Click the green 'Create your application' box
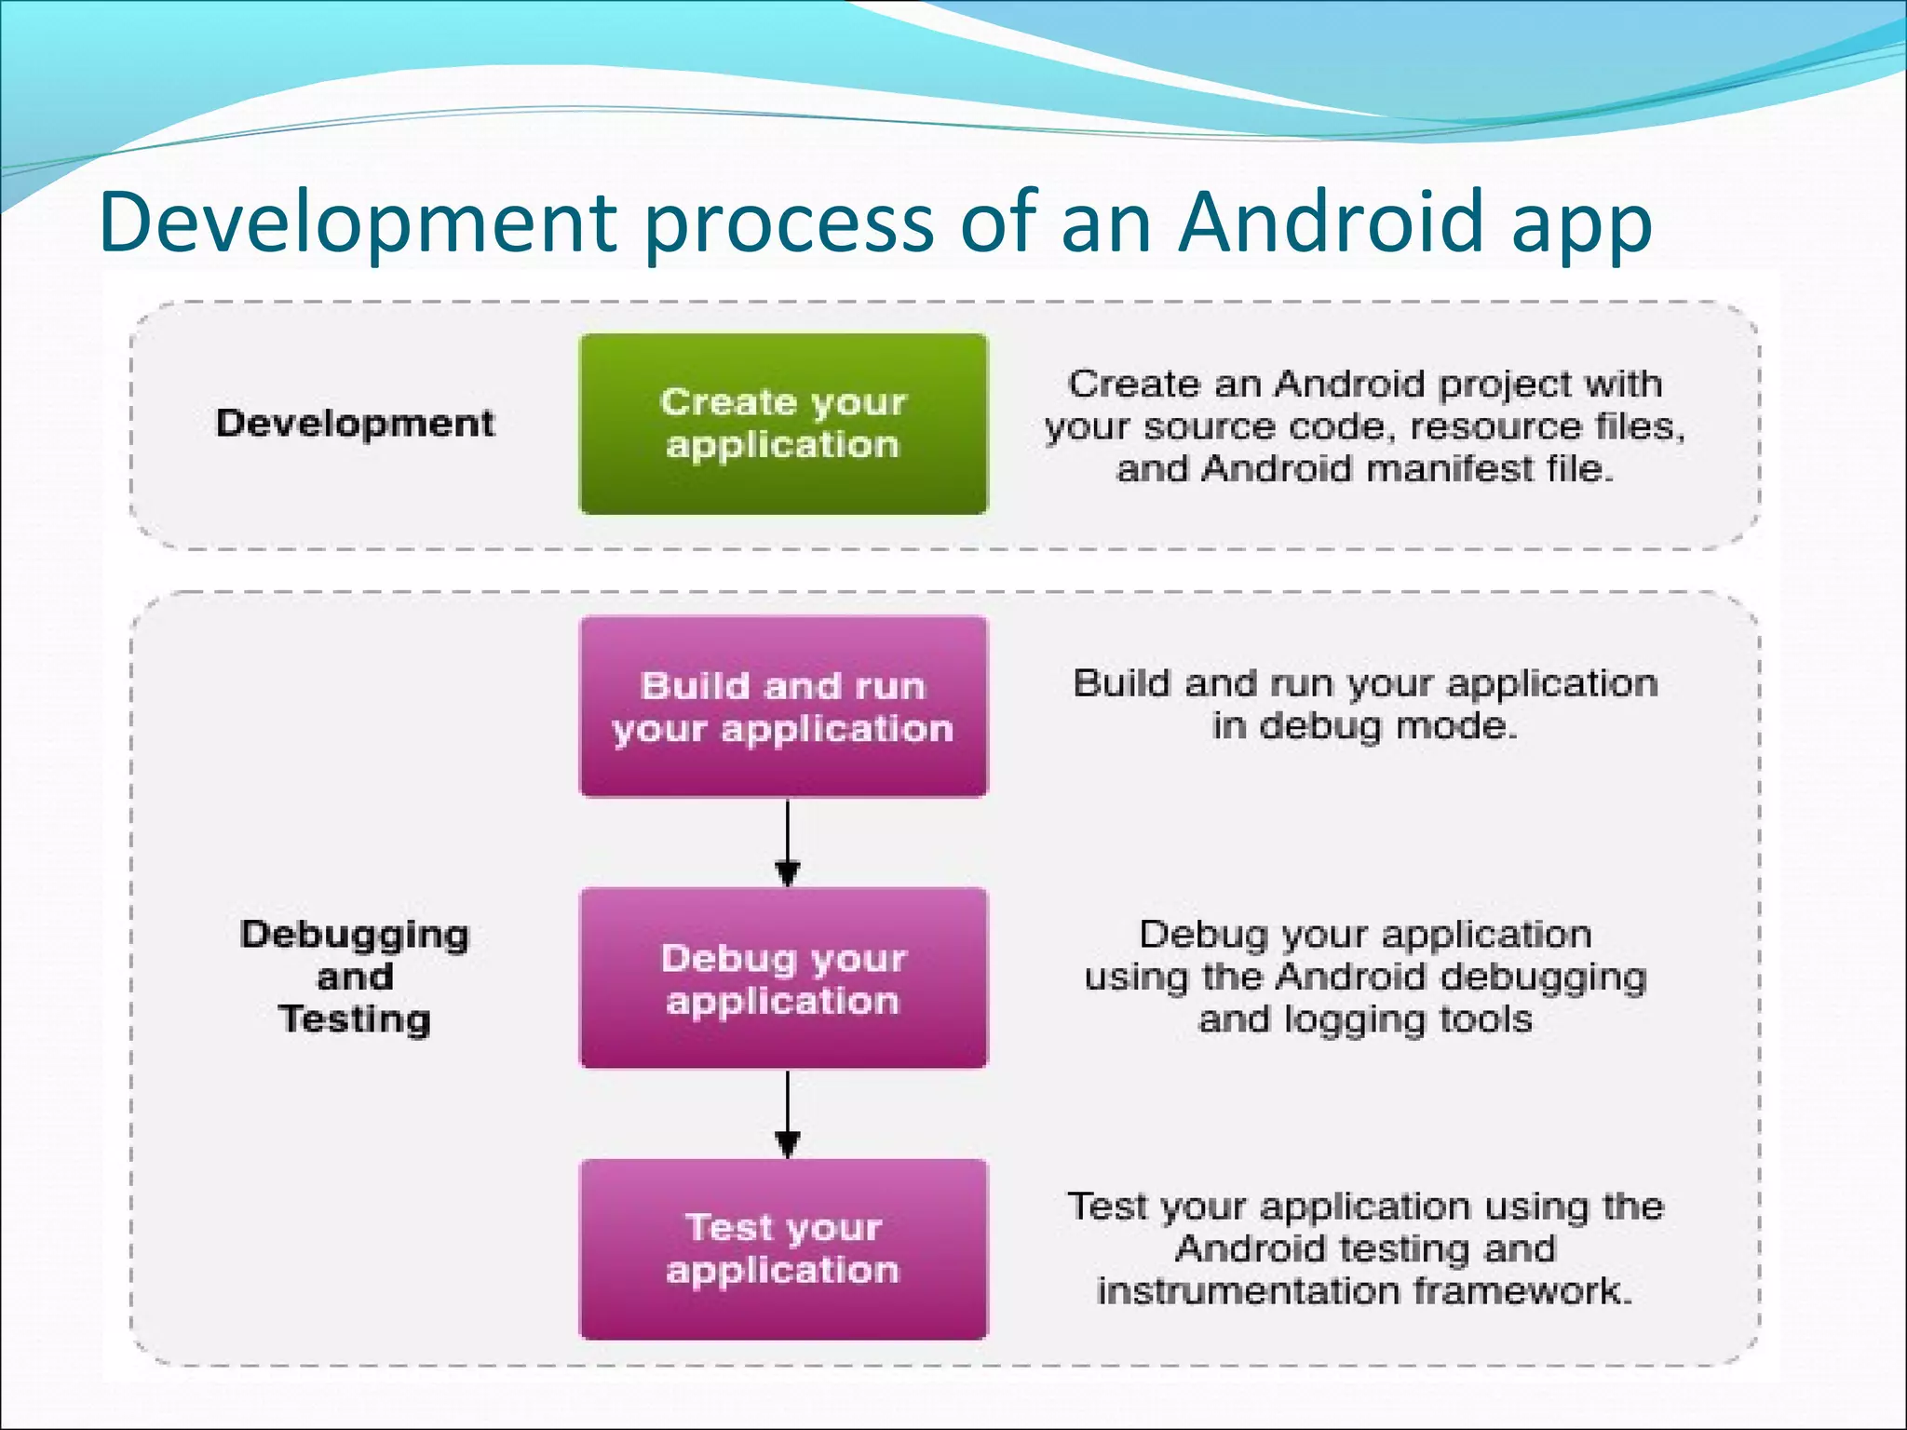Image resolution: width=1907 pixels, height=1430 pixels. tap(783, 424)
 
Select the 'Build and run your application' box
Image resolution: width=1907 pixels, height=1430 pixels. tap(783, 707)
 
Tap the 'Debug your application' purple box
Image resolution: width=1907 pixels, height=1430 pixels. tap(783, 978)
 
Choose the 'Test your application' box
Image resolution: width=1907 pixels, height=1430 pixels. tap(783, 1248)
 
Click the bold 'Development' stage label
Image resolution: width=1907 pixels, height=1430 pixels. tap(355, 424)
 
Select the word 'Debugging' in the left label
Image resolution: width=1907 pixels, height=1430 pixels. tap(355, 936)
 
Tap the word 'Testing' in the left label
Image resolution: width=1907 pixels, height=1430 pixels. tap(355, 1019)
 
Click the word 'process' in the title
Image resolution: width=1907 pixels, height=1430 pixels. tap(788, 223)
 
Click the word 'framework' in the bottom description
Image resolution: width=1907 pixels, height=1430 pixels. tap(1523, 1291)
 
